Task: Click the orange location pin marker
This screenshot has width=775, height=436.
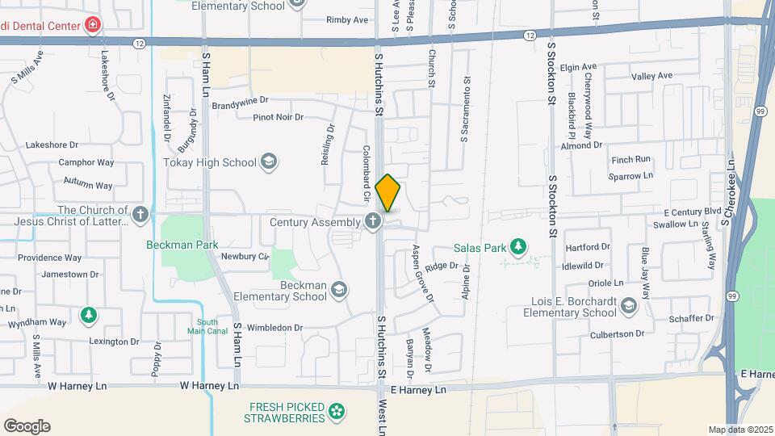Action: pos(387,193)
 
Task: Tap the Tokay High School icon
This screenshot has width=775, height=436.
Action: pos(268,162)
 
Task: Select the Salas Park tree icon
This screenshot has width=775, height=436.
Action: pos(517,248)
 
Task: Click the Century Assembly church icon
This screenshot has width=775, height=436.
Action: pos(373,222)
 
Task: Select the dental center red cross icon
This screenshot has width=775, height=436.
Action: pos(94,25)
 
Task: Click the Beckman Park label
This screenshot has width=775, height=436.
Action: pos(182,245)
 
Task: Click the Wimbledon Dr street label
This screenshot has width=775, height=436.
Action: pos(274,328)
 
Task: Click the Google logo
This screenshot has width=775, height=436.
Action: pos(27,426)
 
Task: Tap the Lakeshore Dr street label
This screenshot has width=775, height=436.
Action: pos(52,145)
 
